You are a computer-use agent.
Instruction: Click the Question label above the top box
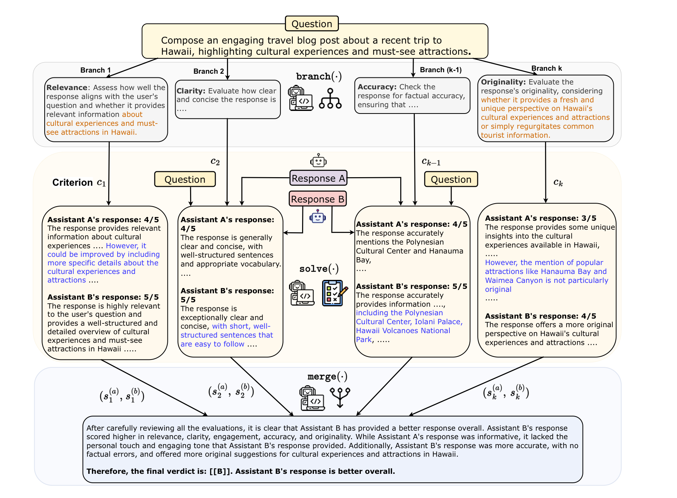pyautogui.click(x=312, y=24)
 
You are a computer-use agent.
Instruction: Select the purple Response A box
pyautogui.click(x=318, y=178)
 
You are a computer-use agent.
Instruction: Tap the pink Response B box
pyautogui.click(x=318, y=199)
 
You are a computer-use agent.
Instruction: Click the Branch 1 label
pyautogui.click(x=96, y=70)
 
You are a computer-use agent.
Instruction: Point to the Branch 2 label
pyautogui.click(x=209, y=71)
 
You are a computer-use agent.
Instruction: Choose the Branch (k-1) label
pyautogui.click(x=441, y=70)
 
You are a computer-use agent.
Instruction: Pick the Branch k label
pyautogui.click(x=546, y=68)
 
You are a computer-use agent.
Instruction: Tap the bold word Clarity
pyautogui.click(x=191, y=91)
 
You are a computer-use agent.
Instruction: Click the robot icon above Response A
pyautogui.click(x=318, y=160)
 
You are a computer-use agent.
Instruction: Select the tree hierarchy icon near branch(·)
pyautogui.click(x=330, y=98)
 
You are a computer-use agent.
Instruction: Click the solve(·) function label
pyautogui.click(x=319, y=269)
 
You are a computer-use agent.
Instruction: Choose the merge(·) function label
pyautogui.click(x=327, y=377)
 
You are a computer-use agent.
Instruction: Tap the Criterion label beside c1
pyautogui.click(x=73, y=182)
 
